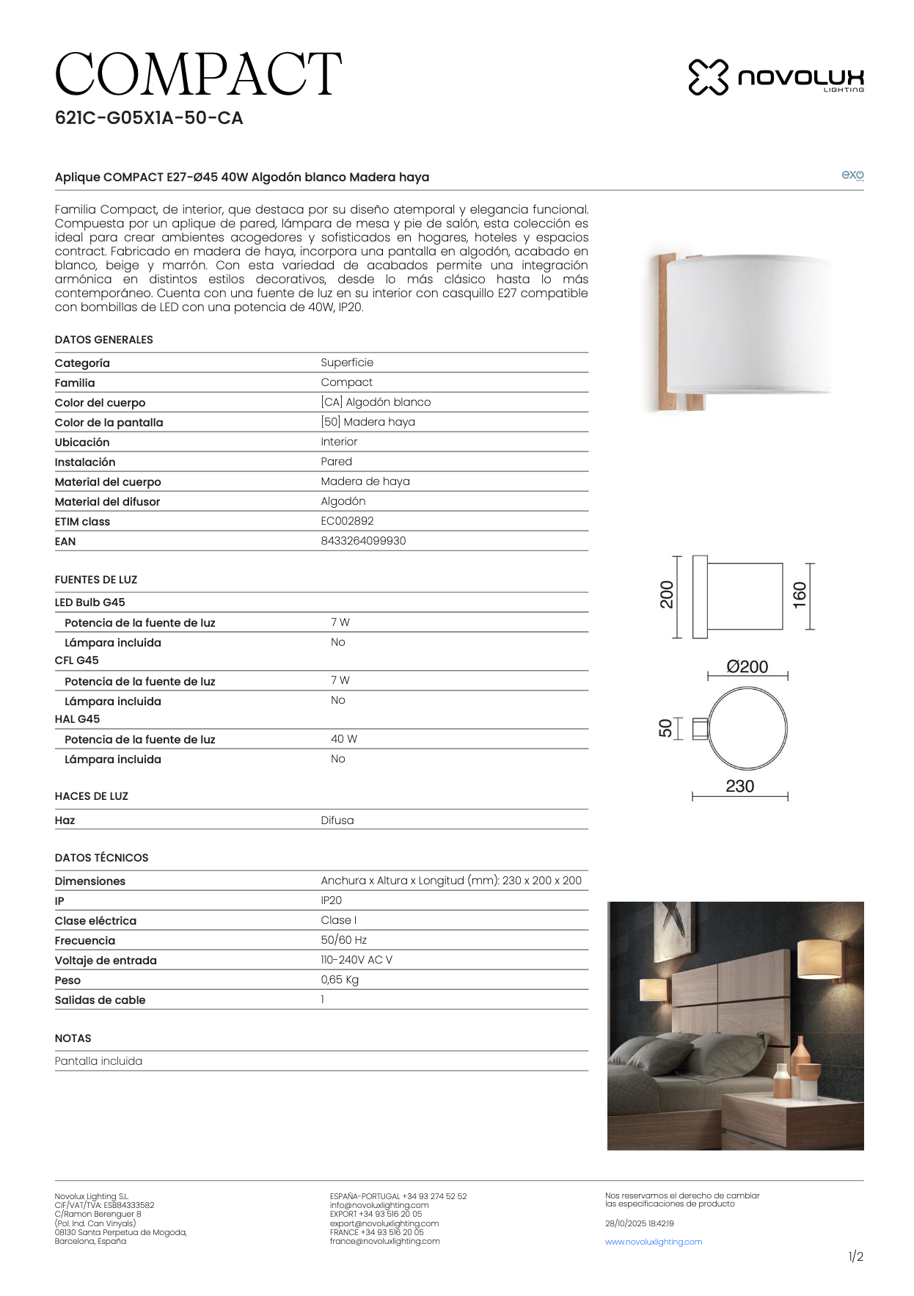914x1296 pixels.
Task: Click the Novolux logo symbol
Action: [708, 77]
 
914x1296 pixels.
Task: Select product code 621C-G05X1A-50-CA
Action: [149, 118]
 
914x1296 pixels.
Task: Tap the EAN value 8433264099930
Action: [363, 541]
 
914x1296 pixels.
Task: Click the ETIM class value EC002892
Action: [347, 521]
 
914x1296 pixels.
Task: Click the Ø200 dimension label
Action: [747, 666]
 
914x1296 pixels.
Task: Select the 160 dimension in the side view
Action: [800, 594]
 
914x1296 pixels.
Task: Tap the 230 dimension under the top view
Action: [739, 786]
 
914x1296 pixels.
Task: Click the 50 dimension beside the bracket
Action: [665, 728]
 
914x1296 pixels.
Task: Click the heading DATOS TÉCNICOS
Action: [101, 858]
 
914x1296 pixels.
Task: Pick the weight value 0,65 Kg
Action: [340, 980]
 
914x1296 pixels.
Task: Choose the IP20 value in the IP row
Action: [331, 900]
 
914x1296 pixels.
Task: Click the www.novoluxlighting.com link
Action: [654, 1242]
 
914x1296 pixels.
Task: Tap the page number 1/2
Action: [855, 1256]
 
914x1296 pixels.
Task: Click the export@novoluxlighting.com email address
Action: [384, 1223]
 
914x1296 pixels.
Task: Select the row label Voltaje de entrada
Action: [106, 961]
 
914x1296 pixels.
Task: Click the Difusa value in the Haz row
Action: [337, 820]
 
